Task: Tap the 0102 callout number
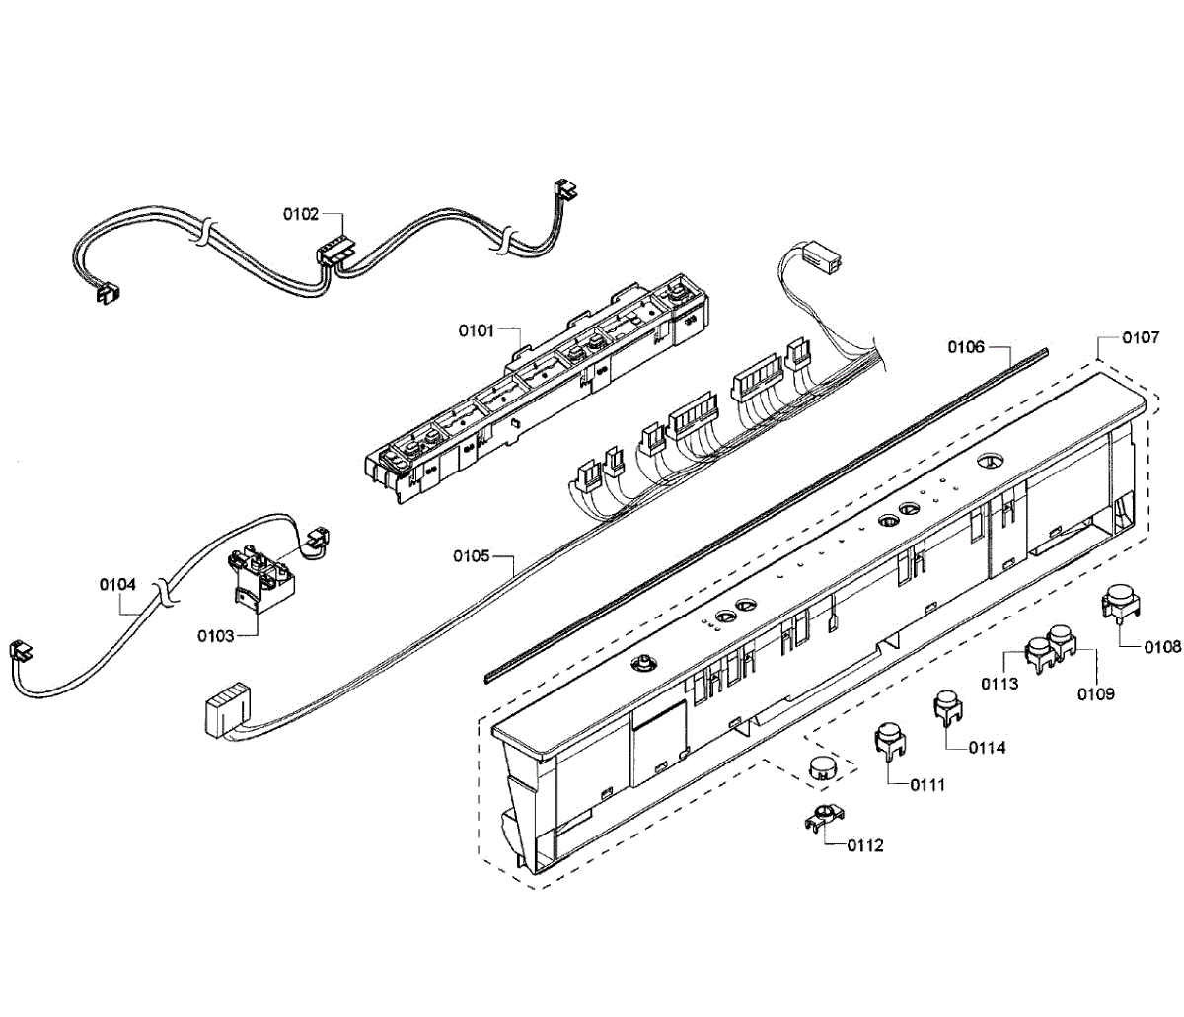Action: click(301, 212)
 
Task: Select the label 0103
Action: click(215, 636)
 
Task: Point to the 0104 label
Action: click(117, 584)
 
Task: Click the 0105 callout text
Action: click(472, 556)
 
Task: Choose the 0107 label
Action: click(1141, 337)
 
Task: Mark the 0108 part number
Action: click(1162, 647)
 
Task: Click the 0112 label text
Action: click(865, 845)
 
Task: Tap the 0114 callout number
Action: click(987, 747)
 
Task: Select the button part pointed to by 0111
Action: click(890, 739)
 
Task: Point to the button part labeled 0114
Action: click(947, 706)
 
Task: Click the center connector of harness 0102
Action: click(333, 253)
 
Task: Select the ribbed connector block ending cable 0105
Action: click(223, 713)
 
